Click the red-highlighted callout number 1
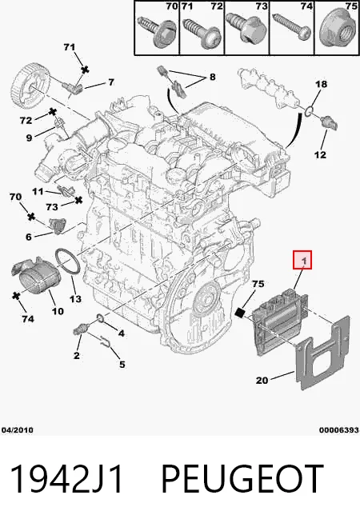302,260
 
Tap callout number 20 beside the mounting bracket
262,380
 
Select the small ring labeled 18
310,110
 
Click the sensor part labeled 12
329,122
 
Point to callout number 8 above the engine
212,77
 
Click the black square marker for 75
240,312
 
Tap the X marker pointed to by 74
16,295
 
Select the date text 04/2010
18,430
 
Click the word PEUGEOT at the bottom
242,479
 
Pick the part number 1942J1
66,479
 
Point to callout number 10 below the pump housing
58,311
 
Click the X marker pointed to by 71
86,70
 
